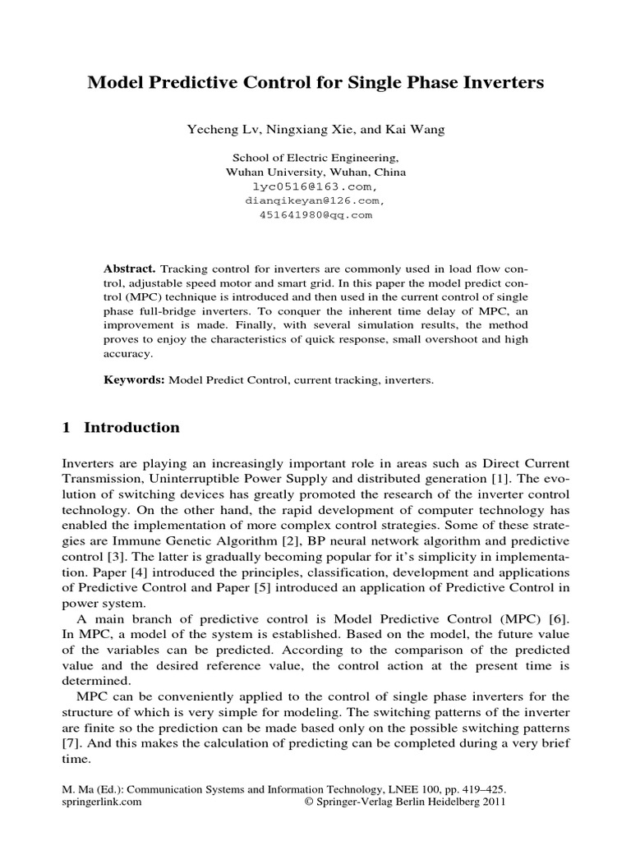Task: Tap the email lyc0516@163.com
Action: (315, 187)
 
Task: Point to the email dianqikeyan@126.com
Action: (315, 200)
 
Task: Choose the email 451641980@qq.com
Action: (315, 214)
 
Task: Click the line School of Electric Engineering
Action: (315, 158)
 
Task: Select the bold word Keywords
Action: (134, 381)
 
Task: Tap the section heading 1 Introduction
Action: (121, 428)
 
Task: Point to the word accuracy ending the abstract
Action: (128, 354)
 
